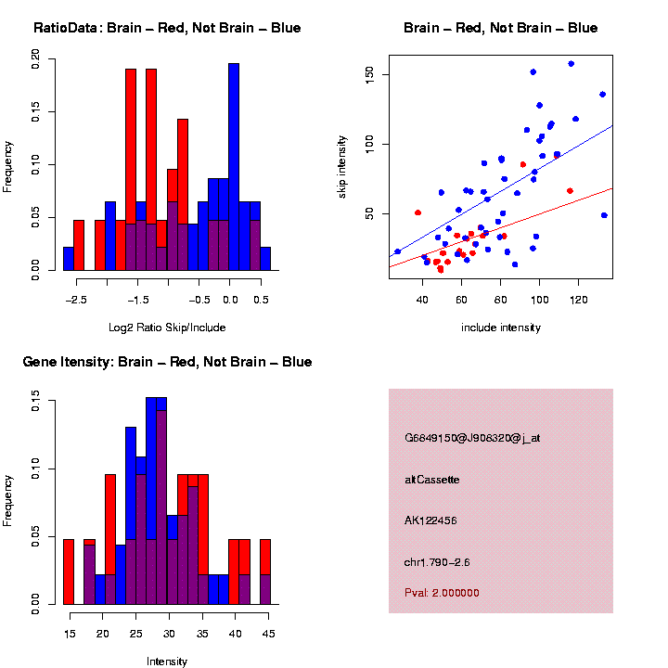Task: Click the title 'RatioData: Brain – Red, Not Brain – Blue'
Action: coord(167,28)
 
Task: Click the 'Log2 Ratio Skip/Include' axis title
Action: coord(167,328)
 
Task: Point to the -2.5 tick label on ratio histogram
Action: coord(78,300)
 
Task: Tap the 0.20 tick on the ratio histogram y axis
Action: coord(36,59)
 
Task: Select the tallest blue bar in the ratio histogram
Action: coord(234,167)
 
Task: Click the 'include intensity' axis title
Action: coord(500,328)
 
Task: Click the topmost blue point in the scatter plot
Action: coord(571,64)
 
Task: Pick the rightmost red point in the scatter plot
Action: coord(570,191)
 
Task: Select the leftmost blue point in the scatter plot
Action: coord(397,251)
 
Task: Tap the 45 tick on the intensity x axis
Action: coord(267,634)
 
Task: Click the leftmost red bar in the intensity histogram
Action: coord(69,572)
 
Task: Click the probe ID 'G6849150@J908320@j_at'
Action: coord(472,438)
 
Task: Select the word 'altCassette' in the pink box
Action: coord(432,480)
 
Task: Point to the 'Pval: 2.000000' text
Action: coord(443,593)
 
